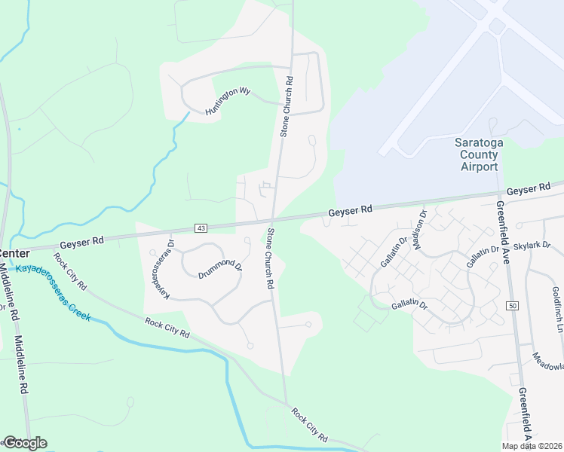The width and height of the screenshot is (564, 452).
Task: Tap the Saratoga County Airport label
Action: (476, 154)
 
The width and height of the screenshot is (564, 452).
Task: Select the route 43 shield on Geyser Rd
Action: (201, 228)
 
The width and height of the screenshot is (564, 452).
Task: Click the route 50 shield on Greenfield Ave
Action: (512, 305)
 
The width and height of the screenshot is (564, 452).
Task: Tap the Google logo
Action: (25, 442)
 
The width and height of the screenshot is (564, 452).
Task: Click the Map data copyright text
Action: (532, 446)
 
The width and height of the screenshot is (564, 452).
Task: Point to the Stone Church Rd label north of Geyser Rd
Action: (286, 105)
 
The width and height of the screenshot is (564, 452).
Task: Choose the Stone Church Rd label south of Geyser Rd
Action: (268, 260)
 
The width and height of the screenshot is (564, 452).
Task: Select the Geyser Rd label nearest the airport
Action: (351, 212)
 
